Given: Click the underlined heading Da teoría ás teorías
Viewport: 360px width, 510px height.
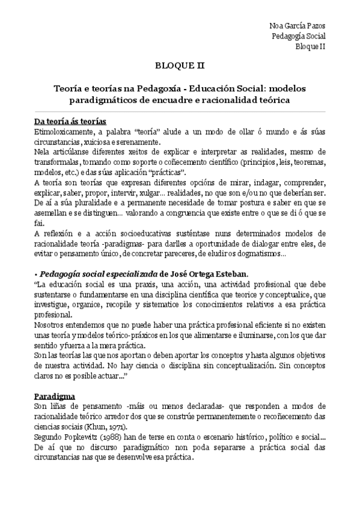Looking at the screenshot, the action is point(70,121).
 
